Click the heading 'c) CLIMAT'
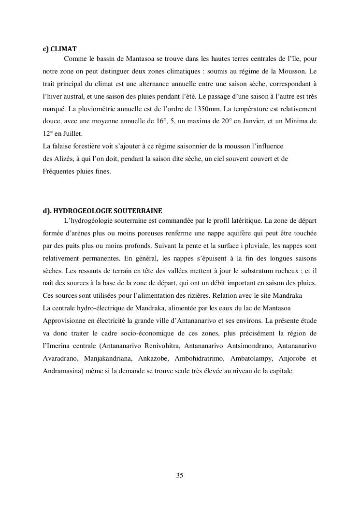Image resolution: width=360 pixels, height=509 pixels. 60,49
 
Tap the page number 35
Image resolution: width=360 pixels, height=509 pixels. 180,475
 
